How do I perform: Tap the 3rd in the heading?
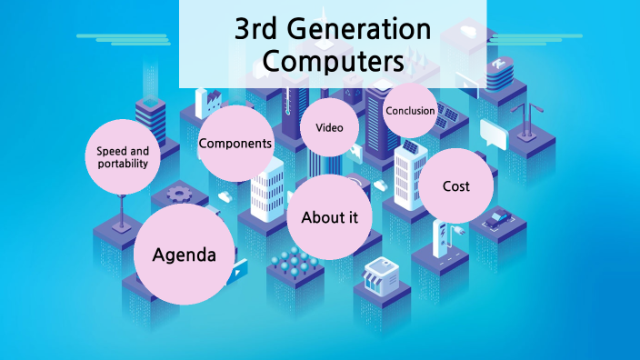point(256,30)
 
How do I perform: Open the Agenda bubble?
point(184,255)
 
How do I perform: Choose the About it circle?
point(329,217)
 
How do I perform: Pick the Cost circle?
point(455,186)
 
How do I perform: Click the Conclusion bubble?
point(410,111)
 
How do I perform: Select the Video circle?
point(329,127)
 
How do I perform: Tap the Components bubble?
point(235,143)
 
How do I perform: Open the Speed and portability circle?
point(122,156)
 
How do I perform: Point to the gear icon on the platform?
point(178,194)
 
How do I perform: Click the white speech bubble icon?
point(493,134)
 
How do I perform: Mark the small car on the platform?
point(497,218)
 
